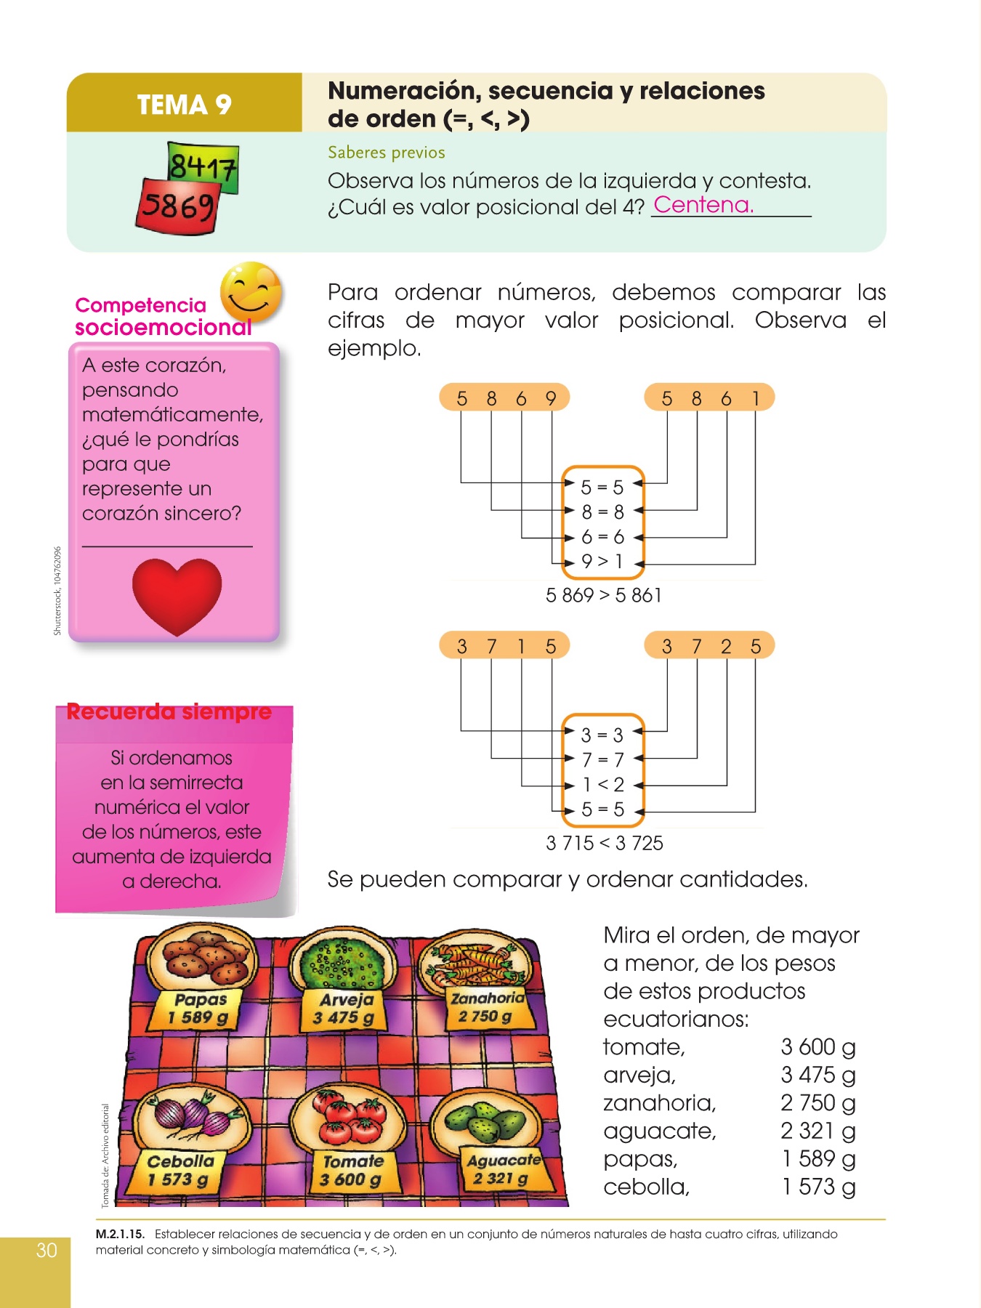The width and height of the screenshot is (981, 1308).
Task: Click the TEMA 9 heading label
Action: [x=184, y=105]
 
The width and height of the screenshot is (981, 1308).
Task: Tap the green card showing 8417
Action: [x=203, y=166]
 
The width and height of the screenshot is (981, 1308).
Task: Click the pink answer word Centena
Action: [x=703, y=205]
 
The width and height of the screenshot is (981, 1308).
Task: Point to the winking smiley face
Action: [x=251, y=291]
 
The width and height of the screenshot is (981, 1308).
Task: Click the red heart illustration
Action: [x=177, y=595]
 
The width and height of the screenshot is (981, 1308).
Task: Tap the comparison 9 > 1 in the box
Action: [x=602, y=562]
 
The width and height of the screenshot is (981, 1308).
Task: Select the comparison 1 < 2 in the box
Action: [x=602, y=785]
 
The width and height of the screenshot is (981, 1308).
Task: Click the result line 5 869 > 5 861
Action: [x=603, y=596]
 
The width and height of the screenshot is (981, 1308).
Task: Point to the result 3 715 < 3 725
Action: [x=605, y=844]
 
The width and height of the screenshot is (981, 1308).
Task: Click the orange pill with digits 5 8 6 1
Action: [x=709, y=398]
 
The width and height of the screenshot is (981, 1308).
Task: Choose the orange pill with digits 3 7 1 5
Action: [x=504, y=646]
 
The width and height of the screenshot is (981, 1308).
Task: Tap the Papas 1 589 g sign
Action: [x=198, y=1009]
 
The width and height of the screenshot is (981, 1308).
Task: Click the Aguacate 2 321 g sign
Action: [x=502, y=1169]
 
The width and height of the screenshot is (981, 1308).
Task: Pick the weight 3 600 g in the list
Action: [x=817, y=1047]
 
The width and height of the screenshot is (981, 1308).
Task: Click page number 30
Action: [x=47, y=1250]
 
